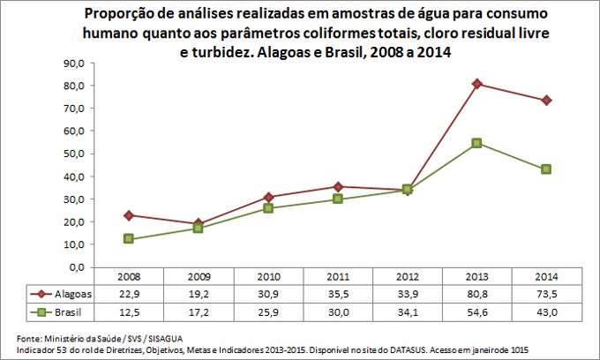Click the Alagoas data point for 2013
477,84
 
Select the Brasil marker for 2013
477,143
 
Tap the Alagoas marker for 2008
129,215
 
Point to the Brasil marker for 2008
129,239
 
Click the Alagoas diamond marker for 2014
547,101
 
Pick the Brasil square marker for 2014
547,169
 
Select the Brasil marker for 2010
268,208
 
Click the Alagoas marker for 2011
338,186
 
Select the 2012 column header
408,277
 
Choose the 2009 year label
199,277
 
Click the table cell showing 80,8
477,294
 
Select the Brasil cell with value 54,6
477,311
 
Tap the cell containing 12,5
129,311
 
